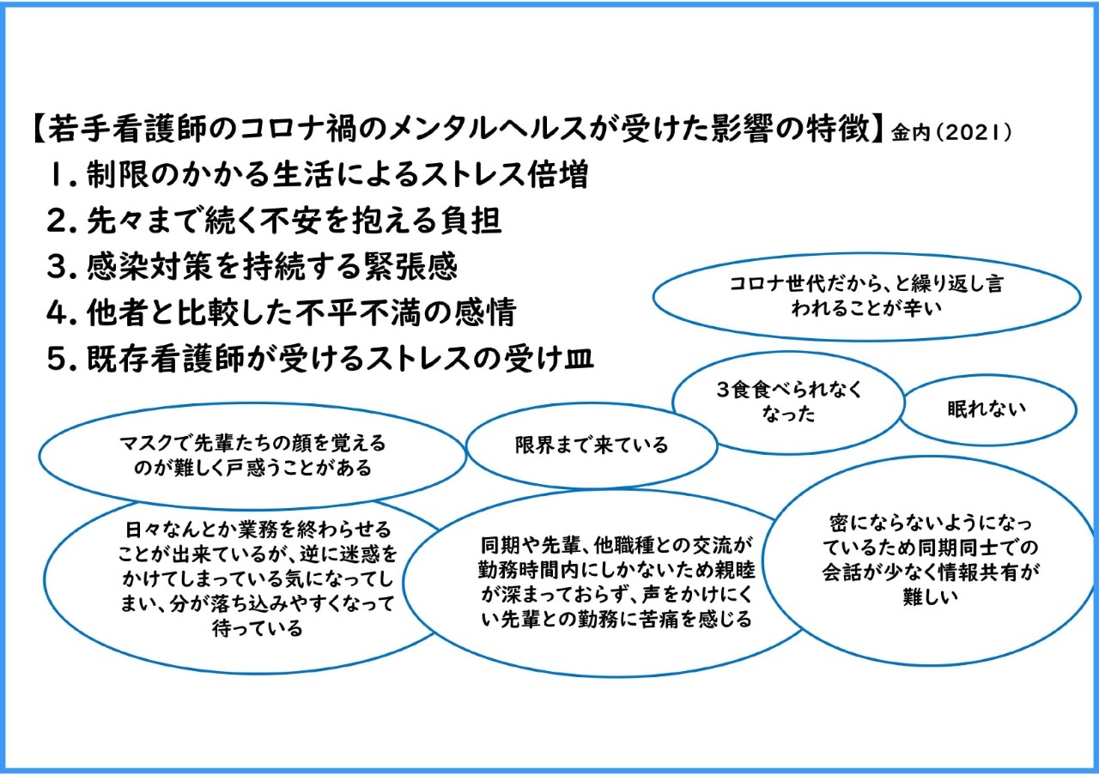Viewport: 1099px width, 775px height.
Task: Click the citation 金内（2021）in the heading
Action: (951, 132)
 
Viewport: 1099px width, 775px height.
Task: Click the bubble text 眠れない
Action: (987, 409)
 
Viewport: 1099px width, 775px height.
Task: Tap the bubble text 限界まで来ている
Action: (592, 445)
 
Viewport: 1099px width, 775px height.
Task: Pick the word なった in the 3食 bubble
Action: (788, 415)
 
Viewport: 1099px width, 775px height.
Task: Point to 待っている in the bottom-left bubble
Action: (257, 629)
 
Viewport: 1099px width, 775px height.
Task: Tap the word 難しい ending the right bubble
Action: (930, 597)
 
